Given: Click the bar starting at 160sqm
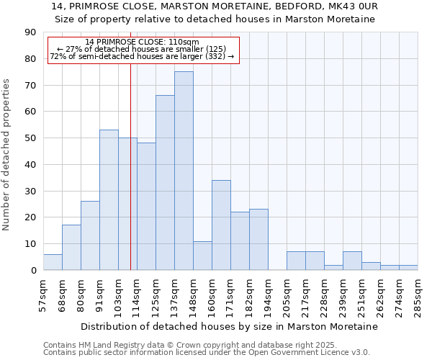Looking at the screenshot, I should click(x=221, y=225).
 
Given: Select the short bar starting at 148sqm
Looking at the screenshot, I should click(x=202, y=256).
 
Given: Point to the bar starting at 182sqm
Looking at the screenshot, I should click(x=258, y=239).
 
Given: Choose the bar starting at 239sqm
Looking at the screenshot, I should click(x=352, y=261).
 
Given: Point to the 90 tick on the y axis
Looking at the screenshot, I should click(x=30, y=32).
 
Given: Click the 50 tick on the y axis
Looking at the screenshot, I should click(x=30, y=138).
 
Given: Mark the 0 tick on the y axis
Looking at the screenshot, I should click(x=33, y=270).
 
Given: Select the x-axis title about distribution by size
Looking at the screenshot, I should click(x=229, y=326).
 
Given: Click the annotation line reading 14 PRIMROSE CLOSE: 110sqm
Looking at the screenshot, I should click(x=142, y=42).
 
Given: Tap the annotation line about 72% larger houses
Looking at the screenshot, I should click(x=142, y=56).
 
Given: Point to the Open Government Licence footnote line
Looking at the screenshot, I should click(x=207, y=352).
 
